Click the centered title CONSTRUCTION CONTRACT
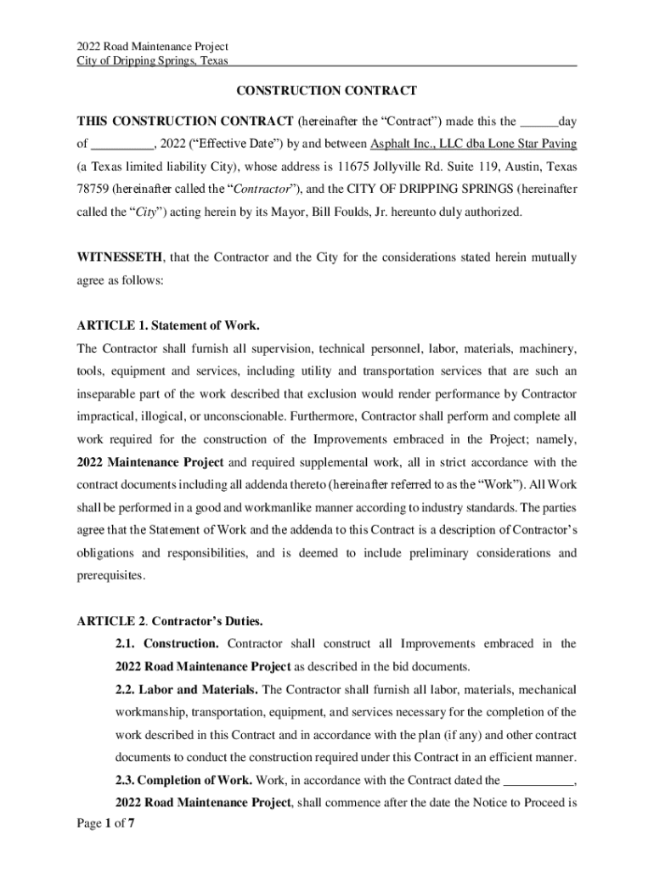pos(326,90)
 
